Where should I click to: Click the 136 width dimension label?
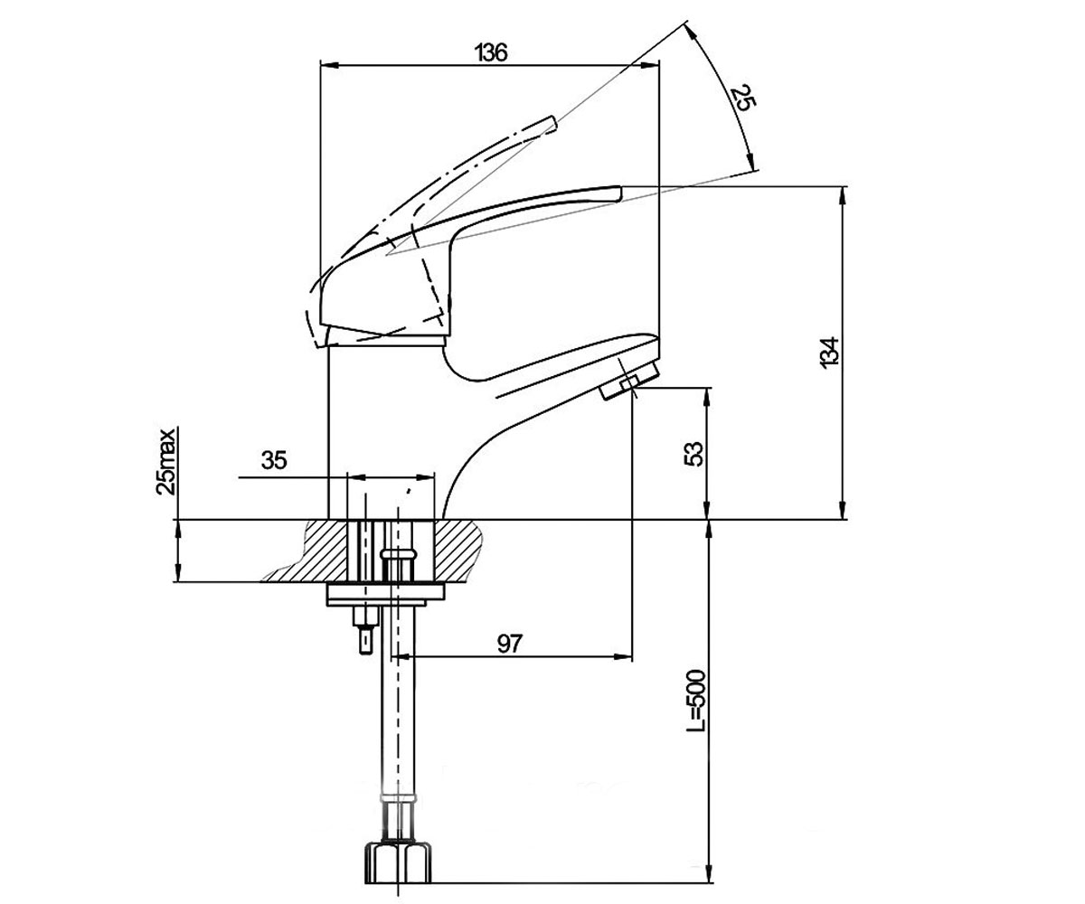[491, 53]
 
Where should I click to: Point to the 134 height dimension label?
[829, 353]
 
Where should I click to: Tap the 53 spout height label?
[695, 453]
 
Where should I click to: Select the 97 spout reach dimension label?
[509, 644]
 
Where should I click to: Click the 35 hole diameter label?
[274, 460]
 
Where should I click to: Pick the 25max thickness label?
[166, 461]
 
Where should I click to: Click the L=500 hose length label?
[696, 702]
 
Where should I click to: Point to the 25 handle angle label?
[743, 99]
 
